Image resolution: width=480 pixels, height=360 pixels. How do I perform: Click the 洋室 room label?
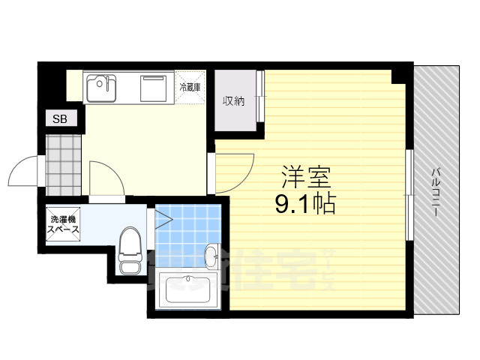tap(305, 178)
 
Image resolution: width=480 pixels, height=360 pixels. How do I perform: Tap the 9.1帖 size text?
tap(305, 203)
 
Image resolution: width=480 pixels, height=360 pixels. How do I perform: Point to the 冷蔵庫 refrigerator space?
tap(190, 87)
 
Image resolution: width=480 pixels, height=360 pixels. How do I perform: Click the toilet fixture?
tap(131, 249)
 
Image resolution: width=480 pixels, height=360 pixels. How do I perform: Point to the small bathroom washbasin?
tap(212, 252)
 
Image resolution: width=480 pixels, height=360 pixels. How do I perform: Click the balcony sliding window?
tap(409, 195)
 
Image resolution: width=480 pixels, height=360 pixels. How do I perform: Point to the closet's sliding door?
tap(259, 97)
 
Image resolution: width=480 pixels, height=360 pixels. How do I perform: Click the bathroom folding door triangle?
tap(163, 220)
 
